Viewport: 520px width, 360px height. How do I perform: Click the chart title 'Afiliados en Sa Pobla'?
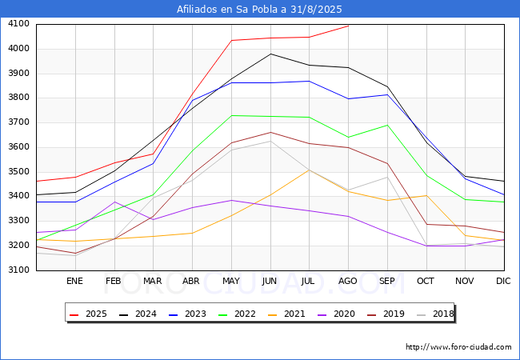(x=260, y=9)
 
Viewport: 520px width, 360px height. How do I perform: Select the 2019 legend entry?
(x=390, y=314)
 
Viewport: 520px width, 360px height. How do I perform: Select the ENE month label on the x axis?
(x=74, y=281)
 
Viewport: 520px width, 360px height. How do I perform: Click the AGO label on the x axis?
(x=348, y=281)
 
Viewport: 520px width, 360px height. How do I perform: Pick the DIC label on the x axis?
(x=503, y=281)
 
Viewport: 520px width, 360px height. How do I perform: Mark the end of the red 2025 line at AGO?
(x=348, y=26)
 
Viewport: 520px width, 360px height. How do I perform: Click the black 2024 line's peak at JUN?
(x=270, y=54)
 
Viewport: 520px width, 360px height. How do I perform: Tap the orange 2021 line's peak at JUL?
(x=310, y=170)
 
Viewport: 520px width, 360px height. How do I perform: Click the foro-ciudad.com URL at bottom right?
(x=458, y=347)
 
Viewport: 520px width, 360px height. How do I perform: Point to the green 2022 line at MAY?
(x=231, y=115)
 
